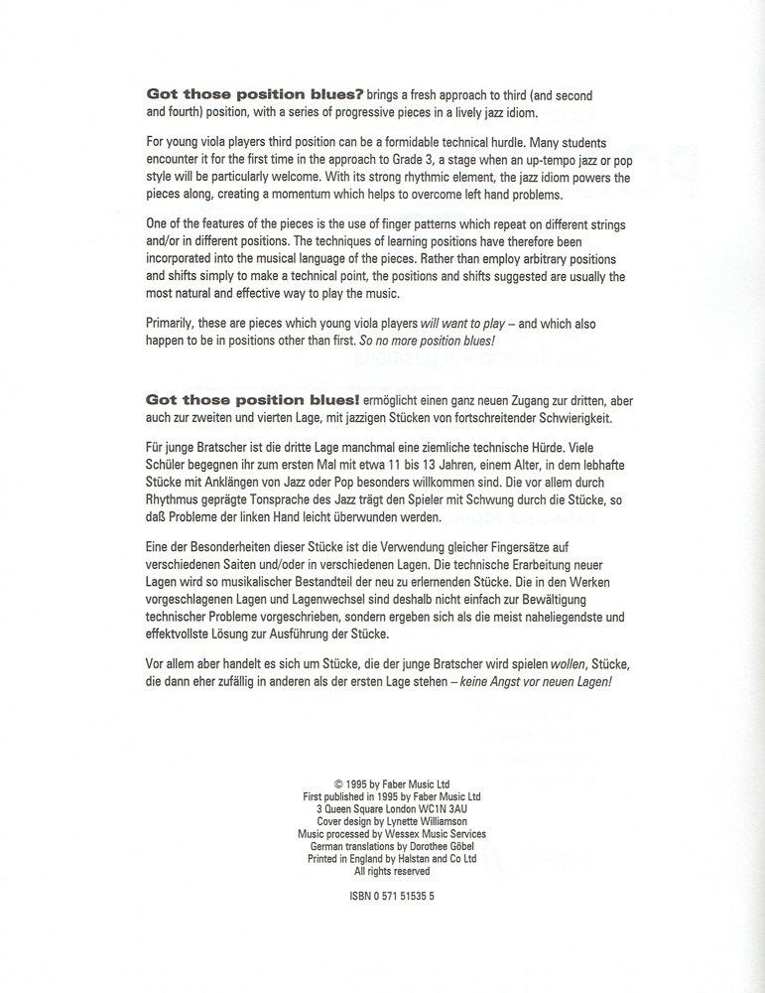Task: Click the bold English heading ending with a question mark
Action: [255, 95]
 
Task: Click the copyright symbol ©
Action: [339, 783]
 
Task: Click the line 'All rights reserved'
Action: [392, 871]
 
